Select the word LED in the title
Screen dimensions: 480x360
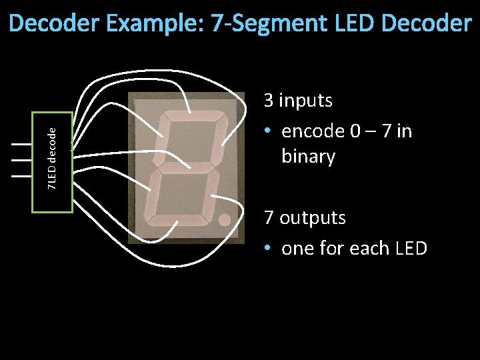[353, 24]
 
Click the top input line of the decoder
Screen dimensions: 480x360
[22, 144]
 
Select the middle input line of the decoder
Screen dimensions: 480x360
[22, 160]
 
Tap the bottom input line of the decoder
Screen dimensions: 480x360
[22, 176]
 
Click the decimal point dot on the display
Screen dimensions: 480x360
[225, 219]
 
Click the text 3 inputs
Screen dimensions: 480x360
[298, 101]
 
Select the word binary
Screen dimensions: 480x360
[308, 157]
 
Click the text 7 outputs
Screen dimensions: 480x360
[305, 218]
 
